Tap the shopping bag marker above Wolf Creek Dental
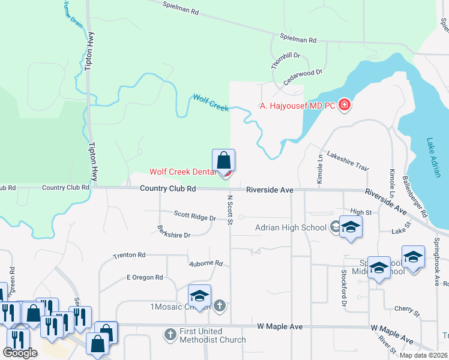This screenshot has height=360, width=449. pyautogui.click(x=223, y=161)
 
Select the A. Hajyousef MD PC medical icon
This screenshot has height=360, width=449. pyautogui.click(x=345, y=106)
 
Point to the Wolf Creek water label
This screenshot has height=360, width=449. pyautogui.click(x=211, y=102)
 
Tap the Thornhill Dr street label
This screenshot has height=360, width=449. pyautogui.click(x=285, y=60)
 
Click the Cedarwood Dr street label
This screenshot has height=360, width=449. pyautogui.click(x=303, y=79)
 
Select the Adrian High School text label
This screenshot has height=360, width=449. pyautogui.click(x=291, y=227)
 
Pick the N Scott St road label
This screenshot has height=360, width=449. pyautogui.click(x=230, y=209)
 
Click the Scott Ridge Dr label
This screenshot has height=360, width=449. pyautogui.click(x=194, y=215)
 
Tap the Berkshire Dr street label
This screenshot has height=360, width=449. pyautogui.click(x=173, y=232)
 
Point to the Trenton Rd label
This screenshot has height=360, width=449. pyautogui.click(x=129, y=256)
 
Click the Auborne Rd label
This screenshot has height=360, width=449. pyautogui.click(x=206, y=263)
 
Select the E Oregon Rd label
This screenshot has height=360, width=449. pyautogui.click(x=145, y=277)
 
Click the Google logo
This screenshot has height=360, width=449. pyautogui.click(x=20, y=353)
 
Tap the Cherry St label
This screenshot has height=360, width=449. pyautogui.click(x=407, y=310)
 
